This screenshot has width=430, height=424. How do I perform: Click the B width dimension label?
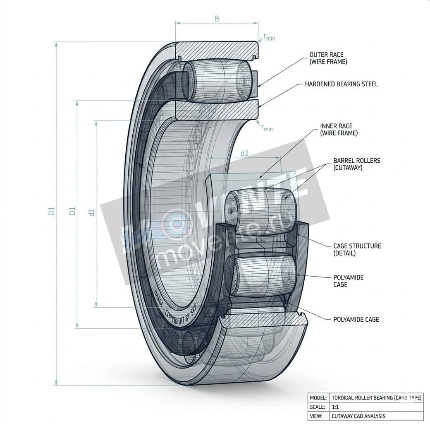coord(217,18)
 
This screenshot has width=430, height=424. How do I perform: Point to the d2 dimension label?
coord(244,153)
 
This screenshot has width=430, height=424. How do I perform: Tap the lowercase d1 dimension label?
coord(92,212)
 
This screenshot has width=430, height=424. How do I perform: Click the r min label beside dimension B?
coord(269,37)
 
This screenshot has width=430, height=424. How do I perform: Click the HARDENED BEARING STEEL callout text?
coord(341,84)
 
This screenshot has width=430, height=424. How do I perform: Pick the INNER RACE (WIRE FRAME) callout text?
coord(339,130)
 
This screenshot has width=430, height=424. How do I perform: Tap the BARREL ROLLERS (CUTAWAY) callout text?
coord(356,164)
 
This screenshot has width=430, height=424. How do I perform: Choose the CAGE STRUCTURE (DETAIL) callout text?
coord(357,249)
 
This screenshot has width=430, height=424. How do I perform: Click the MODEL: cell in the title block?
coord(318,397)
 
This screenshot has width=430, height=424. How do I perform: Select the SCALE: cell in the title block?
coord(318,407)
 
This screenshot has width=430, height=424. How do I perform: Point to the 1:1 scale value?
coord(335,407)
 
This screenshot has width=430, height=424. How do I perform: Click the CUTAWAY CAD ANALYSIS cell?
coord(358,416)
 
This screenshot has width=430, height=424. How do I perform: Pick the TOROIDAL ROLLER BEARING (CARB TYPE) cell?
coord(376,397)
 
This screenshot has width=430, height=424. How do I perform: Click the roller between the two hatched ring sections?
coord(217,81)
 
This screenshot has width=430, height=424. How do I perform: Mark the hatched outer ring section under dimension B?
coord(217,50)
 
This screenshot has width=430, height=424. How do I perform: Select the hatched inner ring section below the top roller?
coord(217,110)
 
